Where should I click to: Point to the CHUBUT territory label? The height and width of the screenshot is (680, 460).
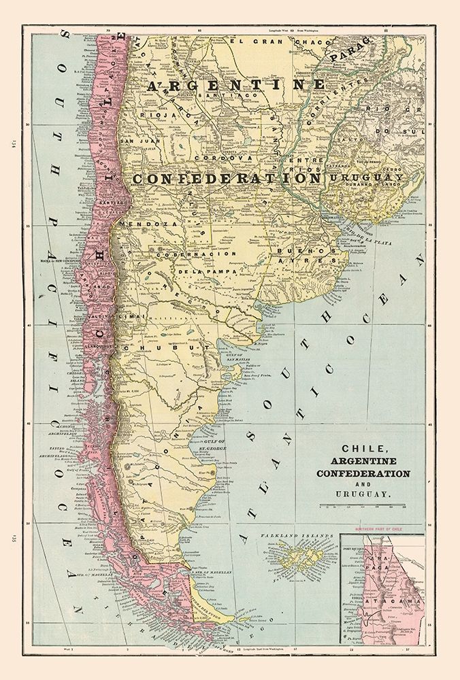[164, 347]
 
